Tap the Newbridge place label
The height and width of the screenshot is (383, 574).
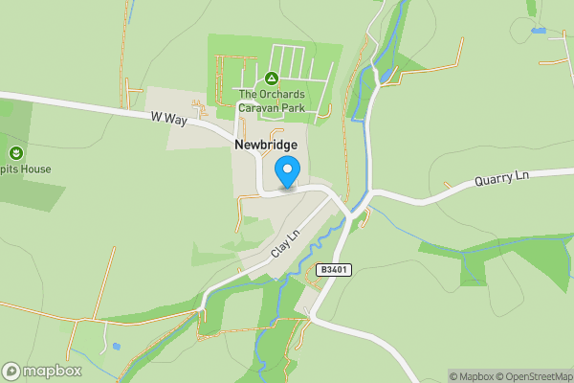(x=266, y=145)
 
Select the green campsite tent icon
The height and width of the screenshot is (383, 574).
(x=272, y=78)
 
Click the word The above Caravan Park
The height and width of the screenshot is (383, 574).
(x=249, y=94)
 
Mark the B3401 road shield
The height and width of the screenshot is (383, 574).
(x=334, y=270)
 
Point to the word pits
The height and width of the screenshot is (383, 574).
(x=11, y=169)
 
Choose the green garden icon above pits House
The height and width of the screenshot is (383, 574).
(x=15, y=152)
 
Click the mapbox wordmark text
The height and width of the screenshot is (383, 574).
(x=53, y=372)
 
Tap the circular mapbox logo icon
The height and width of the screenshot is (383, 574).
(x=11, y=372)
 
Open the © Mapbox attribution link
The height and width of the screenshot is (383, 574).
(x=470, y=376)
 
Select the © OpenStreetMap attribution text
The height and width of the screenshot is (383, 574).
(x=534, y=376)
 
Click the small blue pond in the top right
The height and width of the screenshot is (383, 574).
(x=540, y=31)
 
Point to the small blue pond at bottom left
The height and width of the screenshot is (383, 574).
(x=116, y=346)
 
